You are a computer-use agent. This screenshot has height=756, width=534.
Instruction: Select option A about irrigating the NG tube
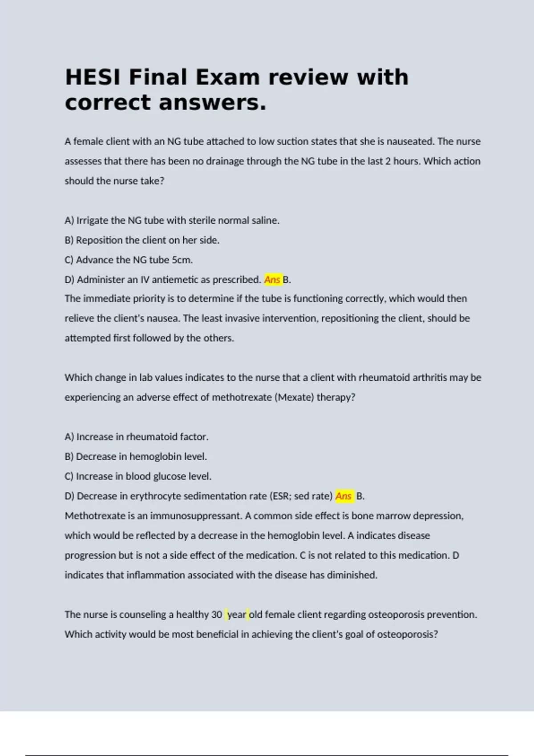(172, 221)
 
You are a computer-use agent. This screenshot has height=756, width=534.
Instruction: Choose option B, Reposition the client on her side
(142, 240)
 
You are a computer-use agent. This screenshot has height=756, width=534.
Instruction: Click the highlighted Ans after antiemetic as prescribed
(272, 280)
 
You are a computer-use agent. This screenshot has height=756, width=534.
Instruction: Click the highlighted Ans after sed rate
(344, 496)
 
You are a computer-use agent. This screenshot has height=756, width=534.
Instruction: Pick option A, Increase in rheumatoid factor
(136, 437)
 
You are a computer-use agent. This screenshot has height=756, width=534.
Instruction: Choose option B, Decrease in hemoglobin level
(136, 457)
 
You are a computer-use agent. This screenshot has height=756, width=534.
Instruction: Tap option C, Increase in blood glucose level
(138, 476)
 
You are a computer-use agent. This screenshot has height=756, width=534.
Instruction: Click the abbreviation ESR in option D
(280, 496)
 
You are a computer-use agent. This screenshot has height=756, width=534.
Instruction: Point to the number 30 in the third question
(217, 615)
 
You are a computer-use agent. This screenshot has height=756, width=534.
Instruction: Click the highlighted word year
(237, 615)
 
